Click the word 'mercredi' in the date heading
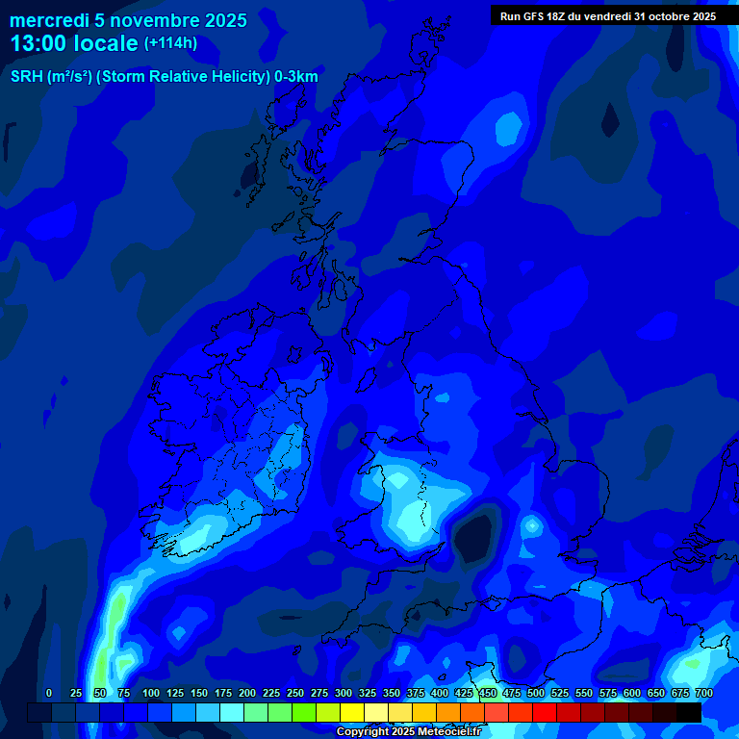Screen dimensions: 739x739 coord(49,20)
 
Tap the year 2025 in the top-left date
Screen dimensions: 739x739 coord(223,20)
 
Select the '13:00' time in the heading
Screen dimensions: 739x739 coord(39,44)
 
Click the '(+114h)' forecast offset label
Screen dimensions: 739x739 coord(170,43)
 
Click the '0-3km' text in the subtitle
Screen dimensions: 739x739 coord(296,76)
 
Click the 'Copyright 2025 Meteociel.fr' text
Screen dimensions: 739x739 coord(408,732)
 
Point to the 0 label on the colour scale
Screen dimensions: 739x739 coord(49,694)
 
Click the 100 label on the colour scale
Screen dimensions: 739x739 coord(150,694)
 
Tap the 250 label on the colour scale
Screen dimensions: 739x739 coord(294,694)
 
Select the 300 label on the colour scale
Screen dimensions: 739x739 coord(343,694)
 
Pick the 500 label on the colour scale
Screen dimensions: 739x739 coord(535,694)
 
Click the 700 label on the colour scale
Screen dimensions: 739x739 coord(703,694)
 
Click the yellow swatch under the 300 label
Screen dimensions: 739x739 coord(352,712)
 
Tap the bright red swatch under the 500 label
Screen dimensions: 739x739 coord(545,712)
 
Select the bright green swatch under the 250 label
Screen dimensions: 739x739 coord(304,712)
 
